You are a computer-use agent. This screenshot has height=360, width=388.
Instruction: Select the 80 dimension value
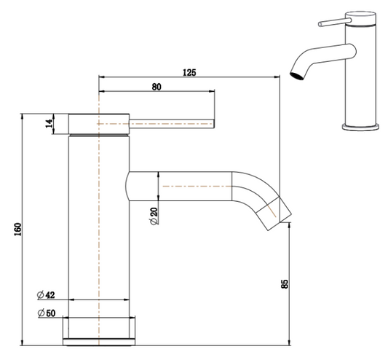point(157,86)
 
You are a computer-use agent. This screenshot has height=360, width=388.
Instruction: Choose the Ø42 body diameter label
point(46,295)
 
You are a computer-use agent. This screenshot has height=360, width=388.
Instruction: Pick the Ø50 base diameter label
point(46,313)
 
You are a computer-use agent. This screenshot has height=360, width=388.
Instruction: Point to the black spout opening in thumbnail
point(296,74)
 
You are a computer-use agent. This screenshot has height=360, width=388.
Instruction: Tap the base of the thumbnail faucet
point(362,128)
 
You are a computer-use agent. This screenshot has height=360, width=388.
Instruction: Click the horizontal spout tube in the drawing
point(189,187)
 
